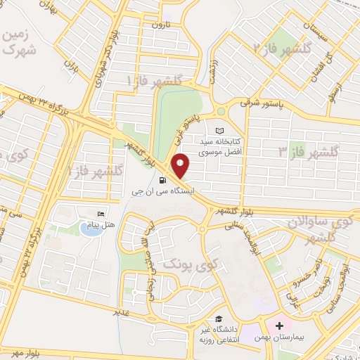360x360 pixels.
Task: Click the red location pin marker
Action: click(181, 166)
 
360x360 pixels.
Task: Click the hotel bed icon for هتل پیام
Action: click(101, 213)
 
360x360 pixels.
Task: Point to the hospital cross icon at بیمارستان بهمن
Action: click(279, 326)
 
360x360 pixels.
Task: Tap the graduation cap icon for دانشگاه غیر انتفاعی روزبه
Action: click(220, 319)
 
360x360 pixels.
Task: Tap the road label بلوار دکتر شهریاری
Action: click(101, 71)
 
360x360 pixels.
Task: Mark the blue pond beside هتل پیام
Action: click(89, 229)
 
